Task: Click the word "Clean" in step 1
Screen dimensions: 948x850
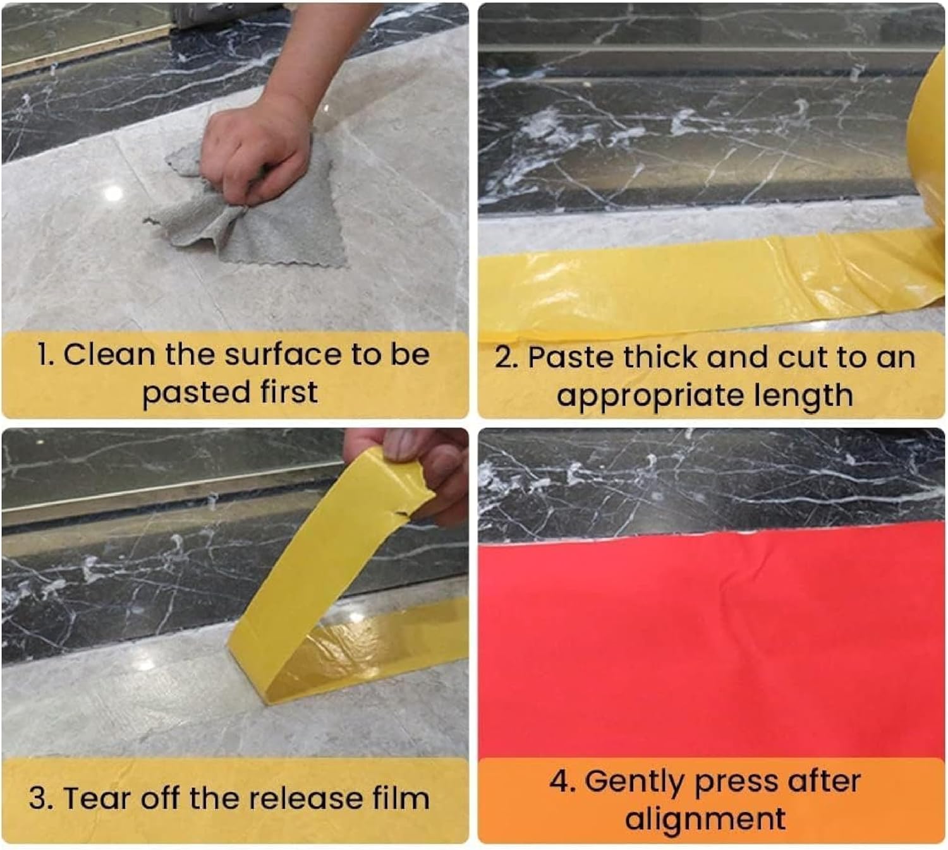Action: coord(109,354)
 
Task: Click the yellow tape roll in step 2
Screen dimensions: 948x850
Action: coord(929,187)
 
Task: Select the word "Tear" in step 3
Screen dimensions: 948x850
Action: coord(97,798)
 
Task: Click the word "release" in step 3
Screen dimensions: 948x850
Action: coord(306,798)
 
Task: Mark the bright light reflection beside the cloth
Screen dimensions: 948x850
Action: coord(114,193)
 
